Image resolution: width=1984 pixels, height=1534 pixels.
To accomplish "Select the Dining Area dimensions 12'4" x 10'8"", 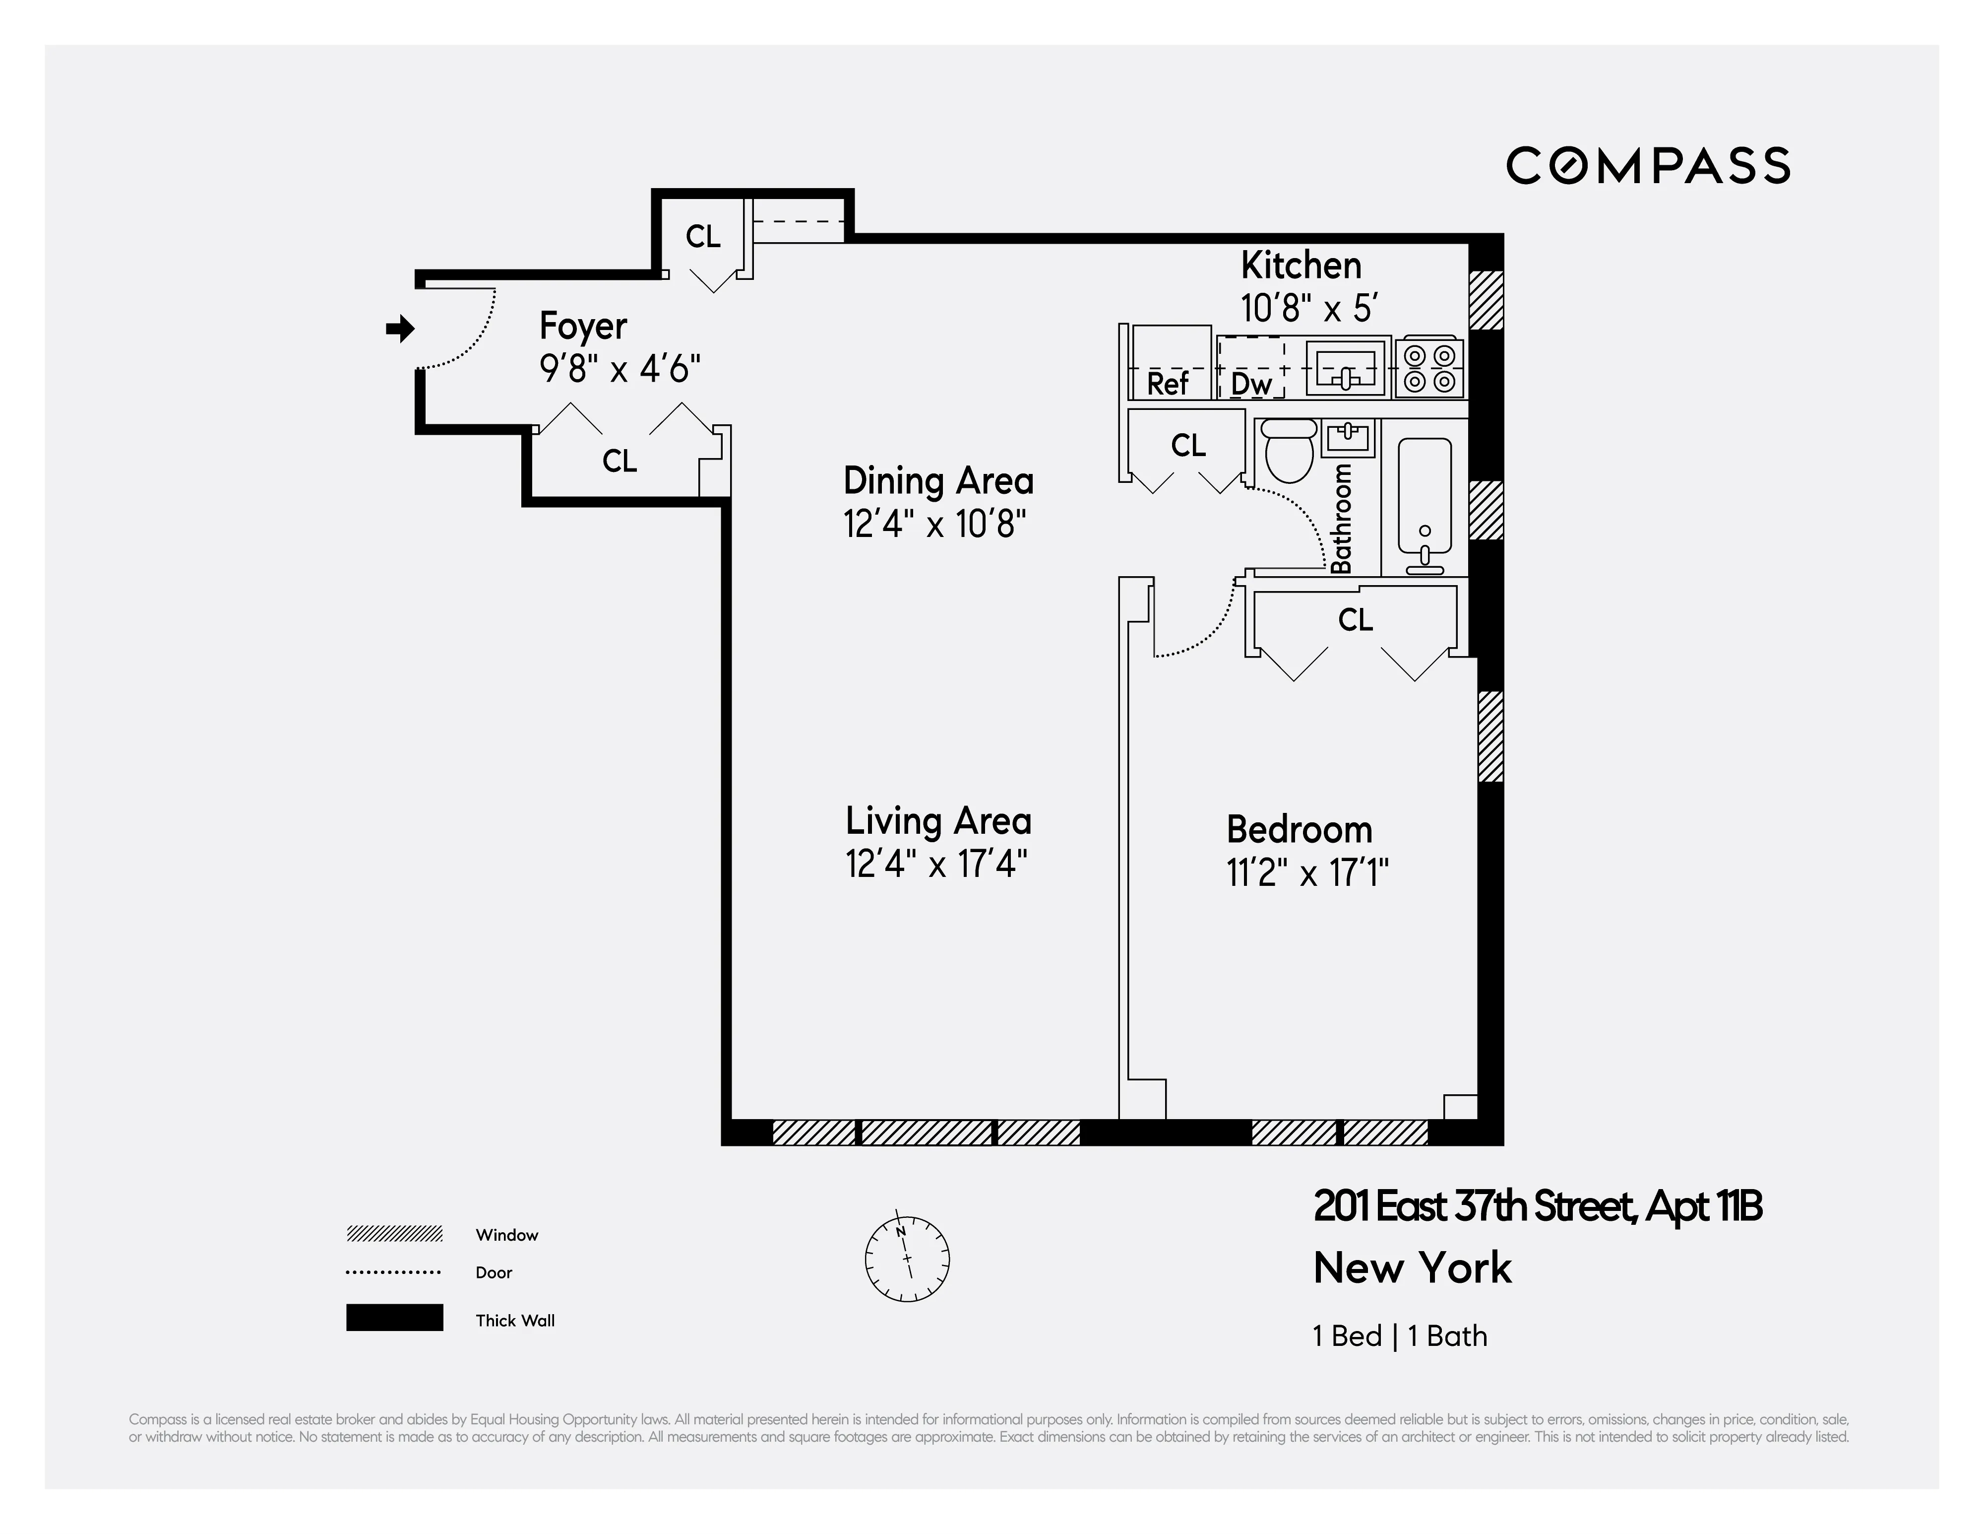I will [935, 525].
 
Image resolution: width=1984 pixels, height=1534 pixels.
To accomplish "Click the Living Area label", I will [938, 821].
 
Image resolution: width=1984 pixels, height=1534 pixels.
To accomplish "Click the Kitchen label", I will [1301, 266].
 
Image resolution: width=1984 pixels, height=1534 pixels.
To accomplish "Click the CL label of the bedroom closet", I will [1355, 620].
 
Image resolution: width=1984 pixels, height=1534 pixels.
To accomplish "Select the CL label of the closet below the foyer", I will [620, 462].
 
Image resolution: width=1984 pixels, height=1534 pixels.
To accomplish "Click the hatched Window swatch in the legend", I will [394, 1234].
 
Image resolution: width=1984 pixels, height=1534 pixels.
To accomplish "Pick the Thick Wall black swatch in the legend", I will [394, 1318].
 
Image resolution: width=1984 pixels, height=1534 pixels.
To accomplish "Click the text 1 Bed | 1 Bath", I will [1400, 1336].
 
